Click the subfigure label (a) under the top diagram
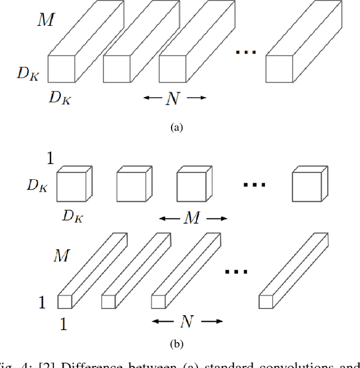177,128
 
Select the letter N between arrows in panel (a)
172,99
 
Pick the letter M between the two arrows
193,218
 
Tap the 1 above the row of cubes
50,159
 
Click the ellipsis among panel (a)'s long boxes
246,53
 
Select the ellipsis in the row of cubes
254,184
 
